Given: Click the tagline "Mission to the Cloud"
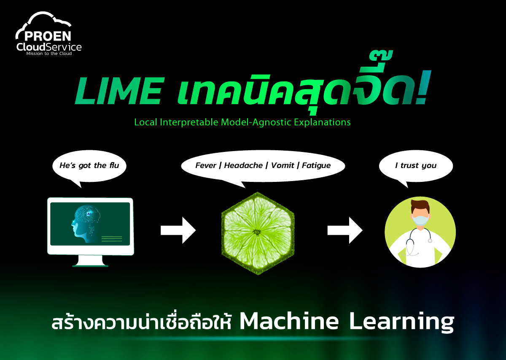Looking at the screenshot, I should [49, 54].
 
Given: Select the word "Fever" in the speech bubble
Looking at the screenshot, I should [205, 165].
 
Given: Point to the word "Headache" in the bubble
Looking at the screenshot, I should [243, 165].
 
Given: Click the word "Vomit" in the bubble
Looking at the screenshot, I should [283, 165].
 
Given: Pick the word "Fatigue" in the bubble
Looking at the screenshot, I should [316, 165].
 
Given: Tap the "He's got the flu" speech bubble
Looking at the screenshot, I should [89, 166].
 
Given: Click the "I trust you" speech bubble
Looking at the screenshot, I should [415, 166].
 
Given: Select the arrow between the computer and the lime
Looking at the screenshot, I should [178, 230].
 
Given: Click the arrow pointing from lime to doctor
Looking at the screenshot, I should [345, 230].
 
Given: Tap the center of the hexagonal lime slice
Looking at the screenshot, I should [257, 232].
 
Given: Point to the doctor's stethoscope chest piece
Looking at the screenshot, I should [430, 240].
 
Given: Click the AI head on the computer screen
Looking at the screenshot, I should [86, 224].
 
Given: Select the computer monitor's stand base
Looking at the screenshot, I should [90, 265].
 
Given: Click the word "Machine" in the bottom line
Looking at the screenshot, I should [289, 322].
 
